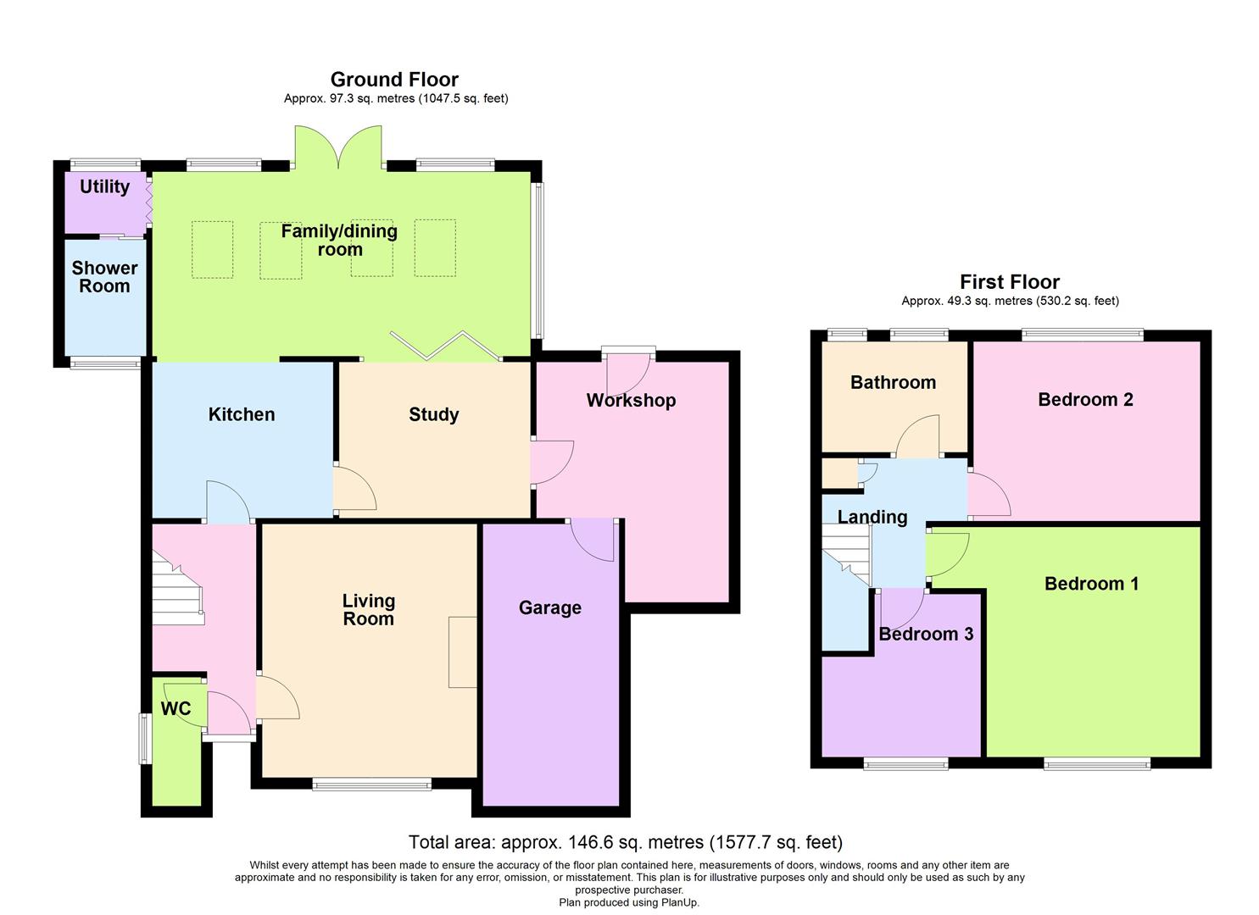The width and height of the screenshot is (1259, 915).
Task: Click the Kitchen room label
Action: click(x=242, y=414)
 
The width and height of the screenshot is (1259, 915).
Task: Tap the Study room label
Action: click(x=433, y=414)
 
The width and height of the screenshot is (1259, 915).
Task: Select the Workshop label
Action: click(x=631, y=401)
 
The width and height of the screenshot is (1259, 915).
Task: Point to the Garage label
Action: click(x=550, y=607)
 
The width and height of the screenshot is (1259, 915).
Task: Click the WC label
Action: click(x=175, y=709)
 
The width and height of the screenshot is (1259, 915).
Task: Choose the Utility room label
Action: click(x=104, y=187)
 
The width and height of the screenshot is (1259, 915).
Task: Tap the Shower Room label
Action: click(x=104, y=277)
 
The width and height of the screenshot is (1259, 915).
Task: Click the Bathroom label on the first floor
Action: click(x=893, y=382)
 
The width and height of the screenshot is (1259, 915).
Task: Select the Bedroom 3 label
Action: click(x=926, y=634)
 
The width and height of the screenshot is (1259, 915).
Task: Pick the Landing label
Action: click(x=872, y=517)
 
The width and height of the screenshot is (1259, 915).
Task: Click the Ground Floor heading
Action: click(x=394, y=80)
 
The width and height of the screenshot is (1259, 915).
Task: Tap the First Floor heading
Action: click(x=1010, y=282)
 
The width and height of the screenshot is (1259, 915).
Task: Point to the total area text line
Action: click(x=625, y=842)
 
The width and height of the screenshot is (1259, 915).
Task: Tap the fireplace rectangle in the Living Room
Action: click(x=463, y=652)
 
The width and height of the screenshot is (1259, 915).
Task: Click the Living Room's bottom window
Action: click(x=371, y=785)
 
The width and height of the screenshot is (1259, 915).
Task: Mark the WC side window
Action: click(x=145, y=738)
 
